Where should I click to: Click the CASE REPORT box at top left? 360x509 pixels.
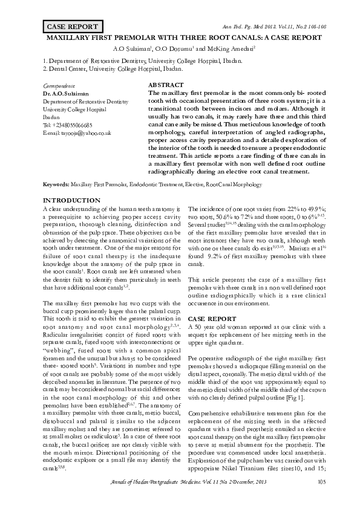[71, 27]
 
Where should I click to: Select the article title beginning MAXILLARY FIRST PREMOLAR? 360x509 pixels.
[180, 37]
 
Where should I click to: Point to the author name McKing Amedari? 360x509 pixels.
[232, 48]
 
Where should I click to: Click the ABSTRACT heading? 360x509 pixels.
[166, 86]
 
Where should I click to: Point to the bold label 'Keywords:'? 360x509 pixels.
[56, 183]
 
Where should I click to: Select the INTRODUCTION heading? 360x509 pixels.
[71, 200]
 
